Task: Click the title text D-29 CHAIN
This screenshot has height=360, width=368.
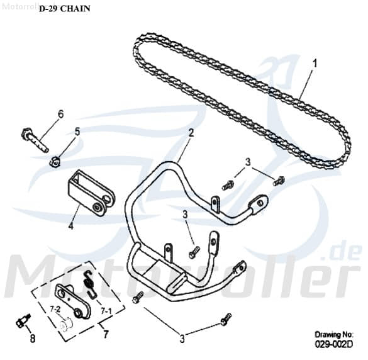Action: pyautogui.click(x=65, y=9)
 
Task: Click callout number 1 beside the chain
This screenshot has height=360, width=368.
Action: pyautogui.click(x=315, y=64)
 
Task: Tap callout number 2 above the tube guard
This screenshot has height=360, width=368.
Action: pyautogui.click(x=191, y=133)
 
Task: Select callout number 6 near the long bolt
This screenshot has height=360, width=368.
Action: pyautogui.click(x=60, y=115)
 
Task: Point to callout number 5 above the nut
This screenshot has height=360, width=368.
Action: pyautogui.click(x=77, y=132)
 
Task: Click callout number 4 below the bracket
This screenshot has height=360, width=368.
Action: pyautogui.click(x=70, y=226)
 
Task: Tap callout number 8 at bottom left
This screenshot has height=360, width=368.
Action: pyautogui.click(x=33, y=339)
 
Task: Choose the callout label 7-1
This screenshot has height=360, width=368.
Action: pyautogui.click(x=106, y=311)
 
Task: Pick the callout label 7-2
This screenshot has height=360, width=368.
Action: pyautogui.click(x=55, y=310)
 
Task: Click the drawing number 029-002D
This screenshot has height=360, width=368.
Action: pyautogui.click(x=334, y=344)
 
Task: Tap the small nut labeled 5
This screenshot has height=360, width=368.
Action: pyautogui.click(x=55, y=162)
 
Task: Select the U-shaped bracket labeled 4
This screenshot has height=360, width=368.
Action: pyautogui.click(x=91, y=193)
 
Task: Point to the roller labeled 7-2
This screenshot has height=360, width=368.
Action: pyautogui.click(x=66, y=325)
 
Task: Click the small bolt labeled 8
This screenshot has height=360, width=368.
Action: pyautogui.click(x=24, y=320)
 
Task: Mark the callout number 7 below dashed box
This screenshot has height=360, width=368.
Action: pyautogui.click(x=106, y=334)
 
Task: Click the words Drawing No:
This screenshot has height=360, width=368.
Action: pyautogui.click(x=334, y=334)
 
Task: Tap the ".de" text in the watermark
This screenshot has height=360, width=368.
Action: pyautogui.click(x=344, y=252)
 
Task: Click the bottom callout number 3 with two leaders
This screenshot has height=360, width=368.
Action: pyautogui.click(x=182, y=339)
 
